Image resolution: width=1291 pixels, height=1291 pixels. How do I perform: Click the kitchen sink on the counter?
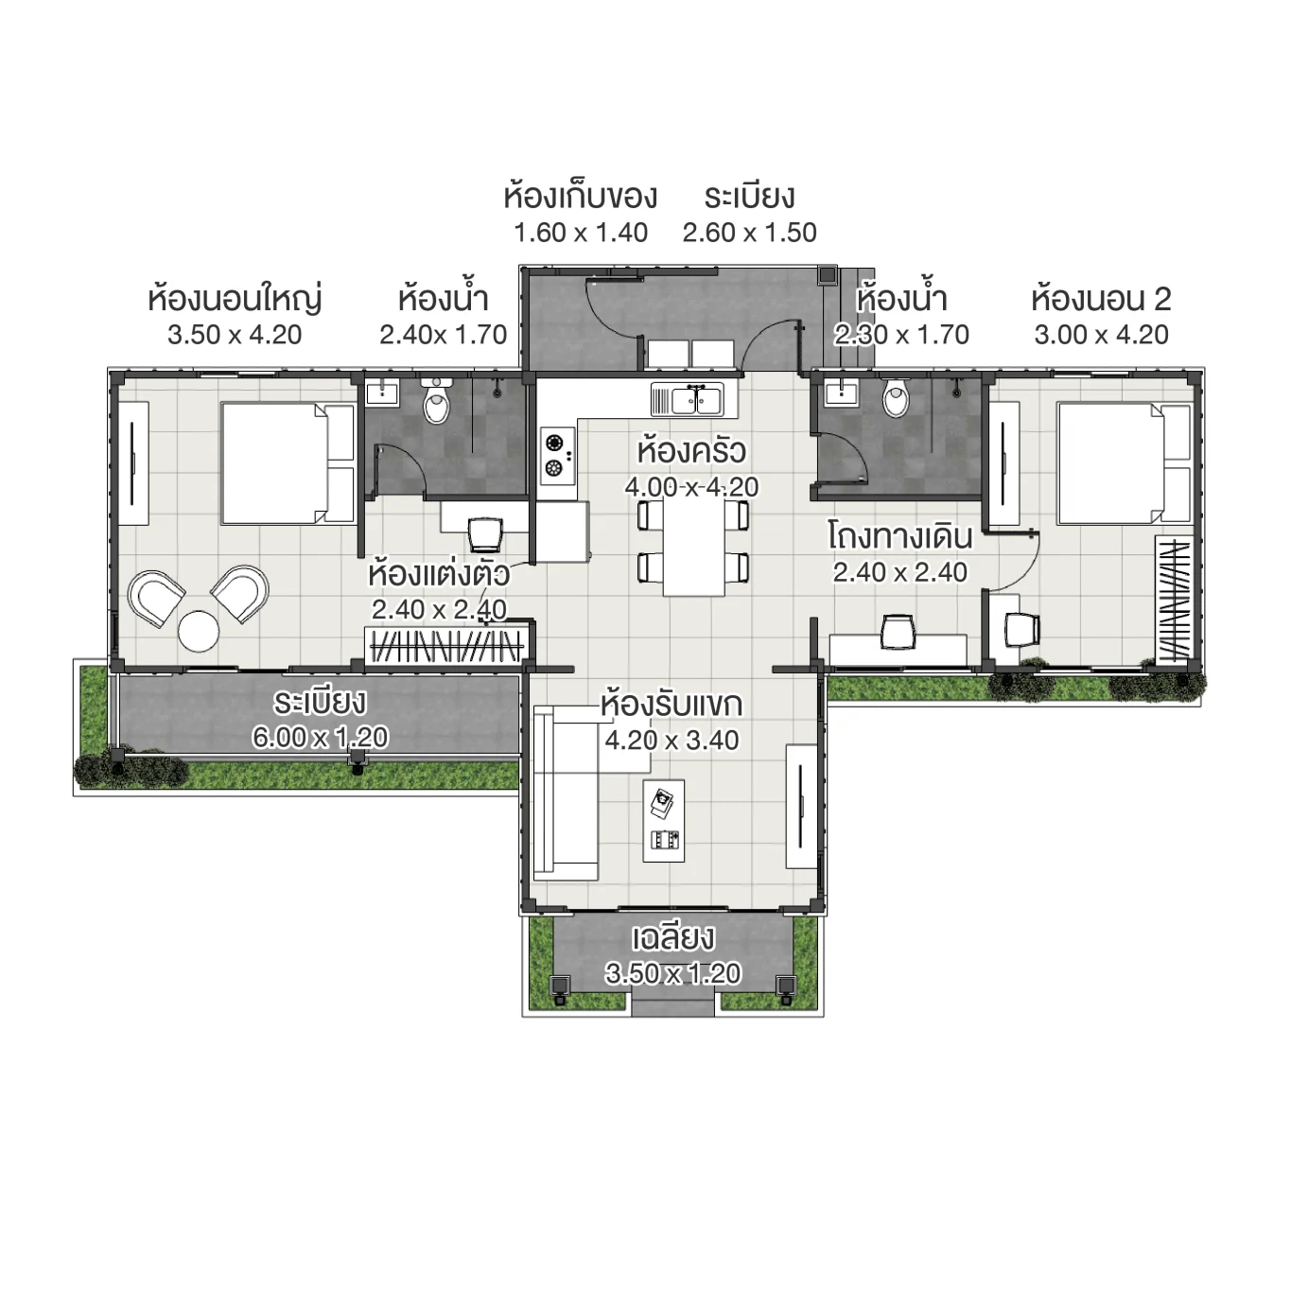pos(687,400)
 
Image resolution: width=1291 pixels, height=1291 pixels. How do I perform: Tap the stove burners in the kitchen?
pos(556,454)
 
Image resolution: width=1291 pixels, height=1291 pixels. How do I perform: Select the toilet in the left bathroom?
pos(436,404)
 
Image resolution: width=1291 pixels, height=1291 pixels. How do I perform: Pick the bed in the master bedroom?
pos(287,462)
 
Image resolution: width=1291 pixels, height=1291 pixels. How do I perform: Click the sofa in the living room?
pos(564,793)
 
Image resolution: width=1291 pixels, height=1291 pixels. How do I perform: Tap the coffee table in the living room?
pos(664,820)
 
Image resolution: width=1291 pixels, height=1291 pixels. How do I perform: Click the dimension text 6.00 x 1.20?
pos(320,737)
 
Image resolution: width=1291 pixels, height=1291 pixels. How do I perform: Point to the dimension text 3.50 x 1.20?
pos(672,973)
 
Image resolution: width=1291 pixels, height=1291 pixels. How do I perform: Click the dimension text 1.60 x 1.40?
pos(580,233)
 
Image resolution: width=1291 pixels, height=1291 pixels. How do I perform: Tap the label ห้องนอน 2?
pos(1101,299)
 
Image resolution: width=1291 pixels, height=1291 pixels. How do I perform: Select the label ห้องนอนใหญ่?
pos(235,299)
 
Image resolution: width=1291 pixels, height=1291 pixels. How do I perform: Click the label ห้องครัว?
pos(691,451)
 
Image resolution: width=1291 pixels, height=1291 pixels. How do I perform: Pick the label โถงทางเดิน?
pos(899,536)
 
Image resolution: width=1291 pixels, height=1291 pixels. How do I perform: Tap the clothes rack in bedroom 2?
pos(1174,601)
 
